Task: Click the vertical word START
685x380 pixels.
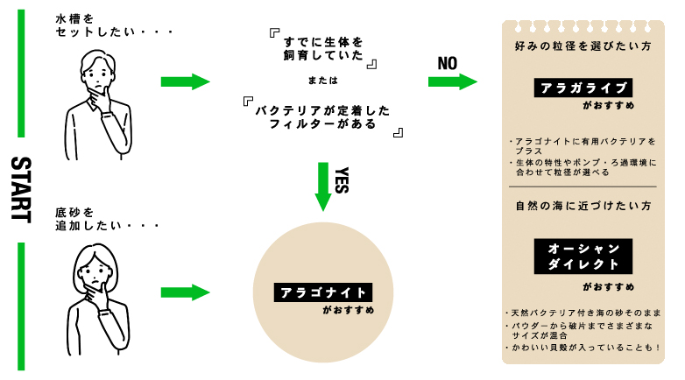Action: pyautogui.click(x=21, y=190)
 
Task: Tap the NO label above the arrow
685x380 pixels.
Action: pyautogui.click(x=448, y=64)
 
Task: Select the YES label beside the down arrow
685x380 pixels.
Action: pyautogui.click(x=342, y=180)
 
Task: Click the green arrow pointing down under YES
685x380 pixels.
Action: pyautogui.click(x=323, y=186)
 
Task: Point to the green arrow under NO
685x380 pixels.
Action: pyautogui.click(x=453, y=81)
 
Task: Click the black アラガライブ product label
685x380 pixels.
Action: pyautogui.click(x=583, y=88)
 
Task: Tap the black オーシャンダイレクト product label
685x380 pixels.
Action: pyautogui.click(x=583, y=257)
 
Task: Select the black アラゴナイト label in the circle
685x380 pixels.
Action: pyautogui.click(x=323, y=292)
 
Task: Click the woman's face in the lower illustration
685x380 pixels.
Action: pyautogui.click(x=95, y=273)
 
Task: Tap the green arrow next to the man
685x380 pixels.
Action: pyautogui.click(x=185, y=81)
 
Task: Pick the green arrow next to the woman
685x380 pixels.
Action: pyautogui.click(x=185, y=292)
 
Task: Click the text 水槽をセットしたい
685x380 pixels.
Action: pyautogui.click(x=115, y=25)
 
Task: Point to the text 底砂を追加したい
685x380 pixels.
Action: pyautogui.click(x=107, y=219)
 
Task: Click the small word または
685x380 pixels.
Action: pyautogui.click(x=323, y=81)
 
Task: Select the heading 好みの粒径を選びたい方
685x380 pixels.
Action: pyautogui.click(x=583, y=46)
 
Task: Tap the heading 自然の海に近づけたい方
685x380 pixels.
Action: pyautogui.click(x=583, y=206)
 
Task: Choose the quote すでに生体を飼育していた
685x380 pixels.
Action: pyautogui.click(x=323, y=48)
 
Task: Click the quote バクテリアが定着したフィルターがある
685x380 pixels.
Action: pyautogui.click(x=323, y=117)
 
